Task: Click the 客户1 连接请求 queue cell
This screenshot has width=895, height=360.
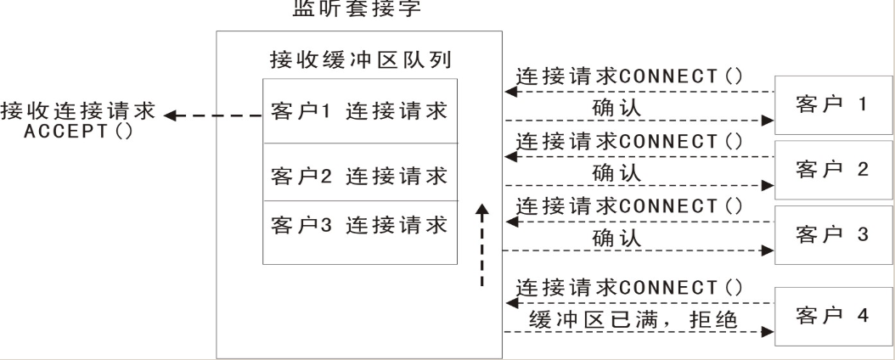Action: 360,113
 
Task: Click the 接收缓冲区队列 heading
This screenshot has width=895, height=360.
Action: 360,62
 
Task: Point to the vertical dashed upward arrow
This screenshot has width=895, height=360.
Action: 482,246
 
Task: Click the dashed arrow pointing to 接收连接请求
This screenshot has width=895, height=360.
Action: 212,114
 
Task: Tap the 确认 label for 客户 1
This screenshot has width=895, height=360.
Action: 616,108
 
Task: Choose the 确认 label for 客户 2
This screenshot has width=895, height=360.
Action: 616,172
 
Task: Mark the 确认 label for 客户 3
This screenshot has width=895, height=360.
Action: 616,239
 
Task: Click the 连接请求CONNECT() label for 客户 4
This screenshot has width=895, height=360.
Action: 632,288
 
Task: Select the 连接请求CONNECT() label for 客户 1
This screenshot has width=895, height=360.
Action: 632,76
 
